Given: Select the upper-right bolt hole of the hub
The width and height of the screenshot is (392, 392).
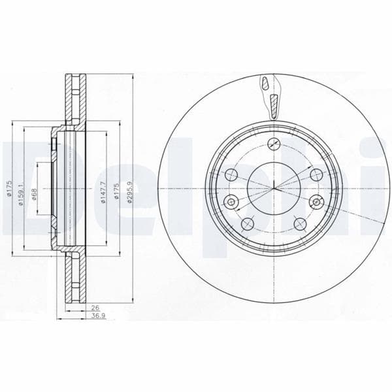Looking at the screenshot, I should (315, 174).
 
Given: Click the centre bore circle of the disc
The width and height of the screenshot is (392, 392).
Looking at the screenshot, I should (273, 190).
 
